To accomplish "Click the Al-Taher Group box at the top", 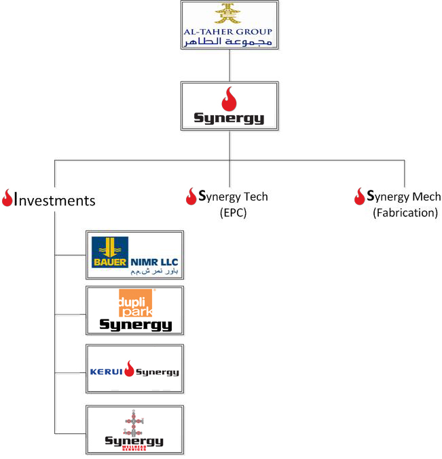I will tap(230, 25).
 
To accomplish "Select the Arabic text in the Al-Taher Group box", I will tap(229, 41).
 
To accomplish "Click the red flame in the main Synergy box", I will tap(229, 98).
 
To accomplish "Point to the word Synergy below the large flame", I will tap(229, 119).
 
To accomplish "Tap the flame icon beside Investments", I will tap(7, 199).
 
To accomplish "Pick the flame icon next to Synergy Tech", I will tap(191, 197).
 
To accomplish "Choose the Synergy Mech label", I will tap(401, 197).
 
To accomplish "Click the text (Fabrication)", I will tap(405, 212).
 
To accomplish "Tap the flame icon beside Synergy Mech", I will tap(359, 197).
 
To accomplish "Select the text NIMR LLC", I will tap(153, 259).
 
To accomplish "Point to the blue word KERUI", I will tap(106, 372).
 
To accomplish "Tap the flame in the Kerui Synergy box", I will tap(129, 370).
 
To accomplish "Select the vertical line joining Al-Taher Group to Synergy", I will tap(229, 65).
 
